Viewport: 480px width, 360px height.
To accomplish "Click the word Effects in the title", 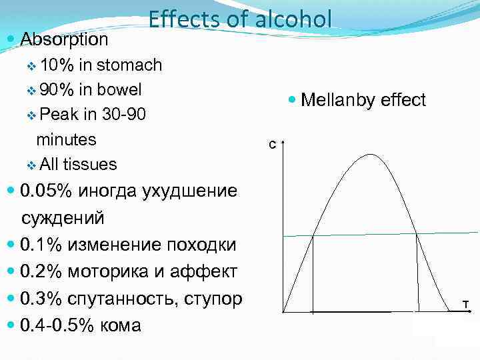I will pyautogui.click(x=180, y=19).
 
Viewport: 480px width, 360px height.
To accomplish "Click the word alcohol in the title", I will pyautogui.click(x=293, y=19).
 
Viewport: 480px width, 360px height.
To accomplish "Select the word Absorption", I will pyautogui.click(x=64, y=39).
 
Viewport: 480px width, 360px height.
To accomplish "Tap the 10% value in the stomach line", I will pyautogui.click(x=57, y=65).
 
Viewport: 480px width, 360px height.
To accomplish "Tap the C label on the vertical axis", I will pyautogui.click(x=271, y=144).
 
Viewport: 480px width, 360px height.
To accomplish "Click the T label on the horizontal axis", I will pyautogui.click(x=465, y=305).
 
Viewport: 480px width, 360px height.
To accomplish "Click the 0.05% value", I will pyautogui.click(x=47, y=191).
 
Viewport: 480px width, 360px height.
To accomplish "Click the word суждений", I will pyautogui.click(x=63, y=218).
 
